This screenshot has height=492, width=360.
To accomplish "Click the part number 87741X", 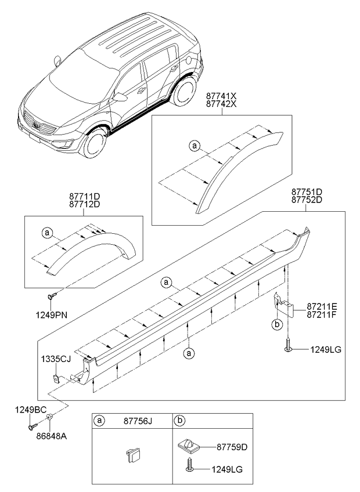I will coord(222,95).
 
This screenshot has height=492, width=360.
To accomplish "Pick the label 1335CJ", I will coord(56,360).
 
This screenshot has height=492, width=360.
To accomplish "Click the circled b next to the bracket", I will coord(278,323).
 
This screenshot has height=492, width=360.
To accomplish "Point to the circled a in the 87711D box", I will coord(46,233).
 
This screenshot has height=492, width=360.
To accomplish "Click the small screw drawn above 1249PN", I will coord(51,296).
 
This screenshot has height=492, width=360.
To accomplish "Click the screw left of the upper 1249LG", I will coord(288,348).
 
